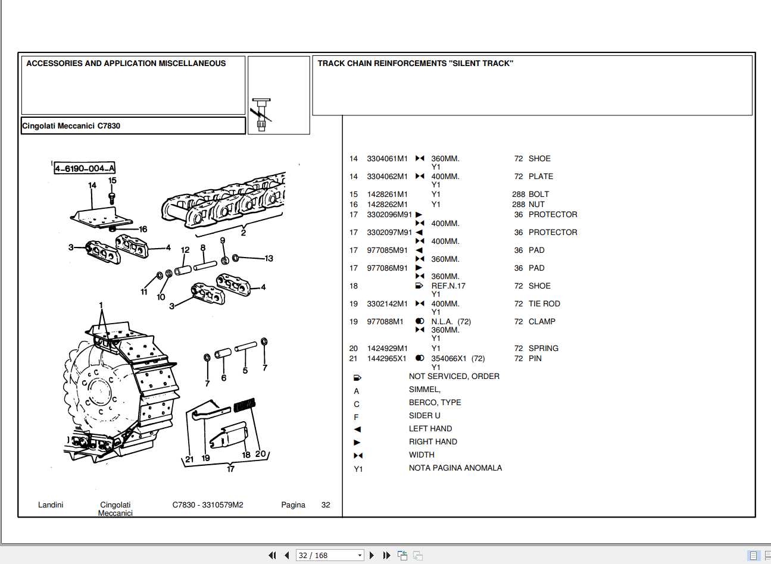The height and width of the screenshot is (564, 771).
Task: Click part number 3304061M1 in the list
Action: click(387, 159)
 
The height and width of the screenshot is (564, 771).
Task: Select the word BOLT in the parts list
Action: click(538, 195)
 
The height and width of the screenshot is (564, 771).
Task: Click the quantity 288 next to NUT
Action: click(518, 205)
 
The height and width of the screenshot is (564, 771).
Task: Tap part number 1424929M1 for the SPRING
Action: click(387, 349)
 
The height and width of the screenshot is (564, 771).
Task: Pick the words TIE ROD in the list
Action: click(544, 304)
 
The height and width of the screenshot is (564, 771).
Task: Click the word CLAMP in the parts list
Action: click(542, 322)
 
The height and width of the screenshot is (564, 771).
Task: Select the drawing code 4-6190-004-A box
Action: click(85, 168)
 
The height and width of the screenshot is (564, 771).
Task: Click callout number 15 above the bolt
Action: click(112, 181)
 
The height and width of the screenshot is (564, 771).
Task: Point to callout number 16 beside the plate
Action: click(143, 229)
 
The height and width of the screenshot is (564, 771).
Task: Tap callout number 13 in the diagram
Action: click(269, 258)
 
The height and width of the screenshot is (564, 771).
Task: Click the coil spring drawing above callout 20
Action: click(244, 405)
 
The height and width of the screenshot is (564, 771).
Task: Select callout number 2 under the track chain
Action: click(243, 233)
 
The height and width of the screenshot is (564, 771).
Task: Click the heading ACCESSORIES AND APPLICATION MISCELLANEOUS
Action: click(126, 64)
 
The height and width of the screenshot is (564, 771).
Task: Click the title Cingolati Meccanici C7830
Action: click(71, 126)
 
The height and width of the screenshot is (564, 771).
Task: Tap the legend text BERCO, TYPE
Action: click(435, 403)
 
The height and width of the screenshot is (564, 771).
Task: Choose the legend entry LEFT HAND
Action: click(430, 429)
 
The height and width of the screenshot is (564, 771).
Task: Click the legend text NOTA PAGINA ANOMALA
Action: click(455, 468)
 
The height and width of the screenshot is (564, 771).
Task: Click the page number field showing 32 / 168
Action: click(329, 555)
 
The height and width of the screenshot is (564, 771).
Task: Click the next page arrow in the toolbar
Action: click(372, 555)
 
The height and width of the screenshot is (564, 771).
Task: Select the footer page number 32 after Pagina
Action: click(325, 505)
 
